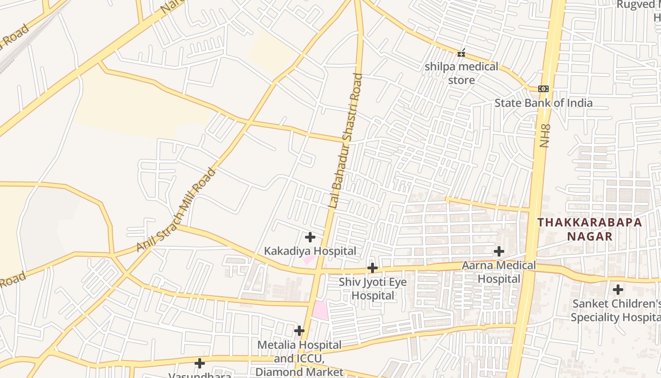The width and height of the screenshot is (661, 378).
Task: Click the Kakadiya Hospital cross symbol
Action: pos(310,237)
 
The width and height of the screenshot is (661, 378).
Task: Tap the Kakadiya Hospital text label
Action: pos(310,251)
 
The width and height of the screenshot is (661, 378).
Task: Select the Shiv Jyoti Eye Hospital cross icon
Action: pos(373,268)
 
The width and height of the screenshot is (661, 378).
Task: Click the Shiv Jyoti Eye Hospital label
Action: pos(373,289)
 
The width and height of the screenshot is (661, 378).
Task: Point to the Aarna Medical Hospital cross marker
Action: pos(499,251)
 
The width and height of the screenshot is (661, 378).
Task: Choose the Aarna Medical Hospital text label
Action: pos(499,272)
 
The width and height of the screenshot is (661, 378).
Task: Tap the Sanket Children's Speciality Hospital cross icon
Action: pos(618,290)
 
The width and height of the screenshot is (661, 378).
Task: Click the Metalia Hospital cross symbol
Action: pos(299,331)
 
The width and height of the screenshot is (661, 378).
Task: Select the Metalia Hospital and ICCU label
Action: pos(299,352)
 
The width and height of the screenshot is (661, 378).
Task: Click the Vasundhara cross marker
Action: pos(200,363)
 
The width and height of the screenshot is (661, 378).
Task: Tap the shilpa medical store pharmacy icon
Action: pos(461,53)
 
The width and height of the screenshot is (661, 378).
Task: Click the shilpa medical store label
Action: pos(461,73)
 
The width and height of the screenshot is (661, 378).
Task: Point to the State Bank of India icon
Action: pos(543,89)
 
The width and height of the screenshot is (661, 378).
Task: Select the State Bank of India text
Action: pos(543,103)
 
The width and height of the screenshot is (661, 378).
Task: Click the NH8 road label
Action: pos(545,136)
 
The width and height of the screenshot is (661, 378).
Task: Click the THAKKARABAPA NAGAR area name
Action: pos(590,229)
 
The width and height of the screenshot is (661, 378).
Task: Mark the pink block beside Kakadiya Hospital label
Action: pos(309,259)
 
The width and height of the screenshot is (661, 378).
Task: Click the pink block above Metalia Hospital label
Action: pos(321,310)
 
